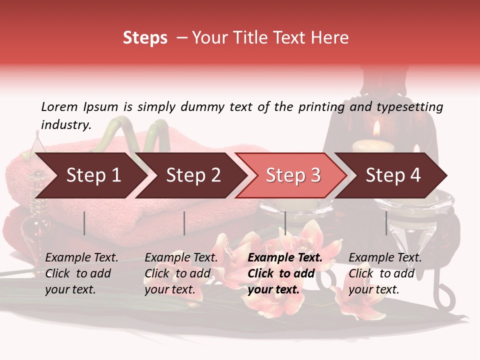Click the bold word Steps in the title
point(145,38)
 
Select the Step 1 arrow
point(90,175)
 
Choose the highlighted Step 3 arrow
point(291,175)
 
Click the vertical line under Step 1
point(84,223)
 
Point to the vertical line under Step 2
point(184,223)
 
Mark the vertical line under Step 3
point(285,223)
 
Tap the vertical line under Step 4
point(386,223)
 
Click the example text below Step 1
point(81,273)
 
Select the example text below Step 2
point(181,273)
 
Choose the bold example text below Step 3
point(285,273)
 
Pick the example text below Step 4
point(385,273)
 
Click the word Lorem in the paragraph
point(59,106)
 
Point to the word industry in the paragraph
point(66,124)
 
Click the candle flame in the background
point(376,129)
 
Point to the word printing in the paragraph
point(321,107)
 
